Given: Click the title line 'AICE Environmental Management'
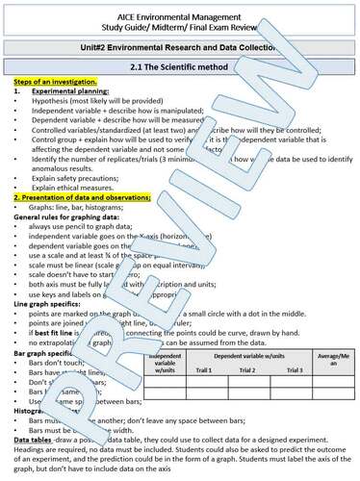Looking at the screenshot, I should tap(179, 9).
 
